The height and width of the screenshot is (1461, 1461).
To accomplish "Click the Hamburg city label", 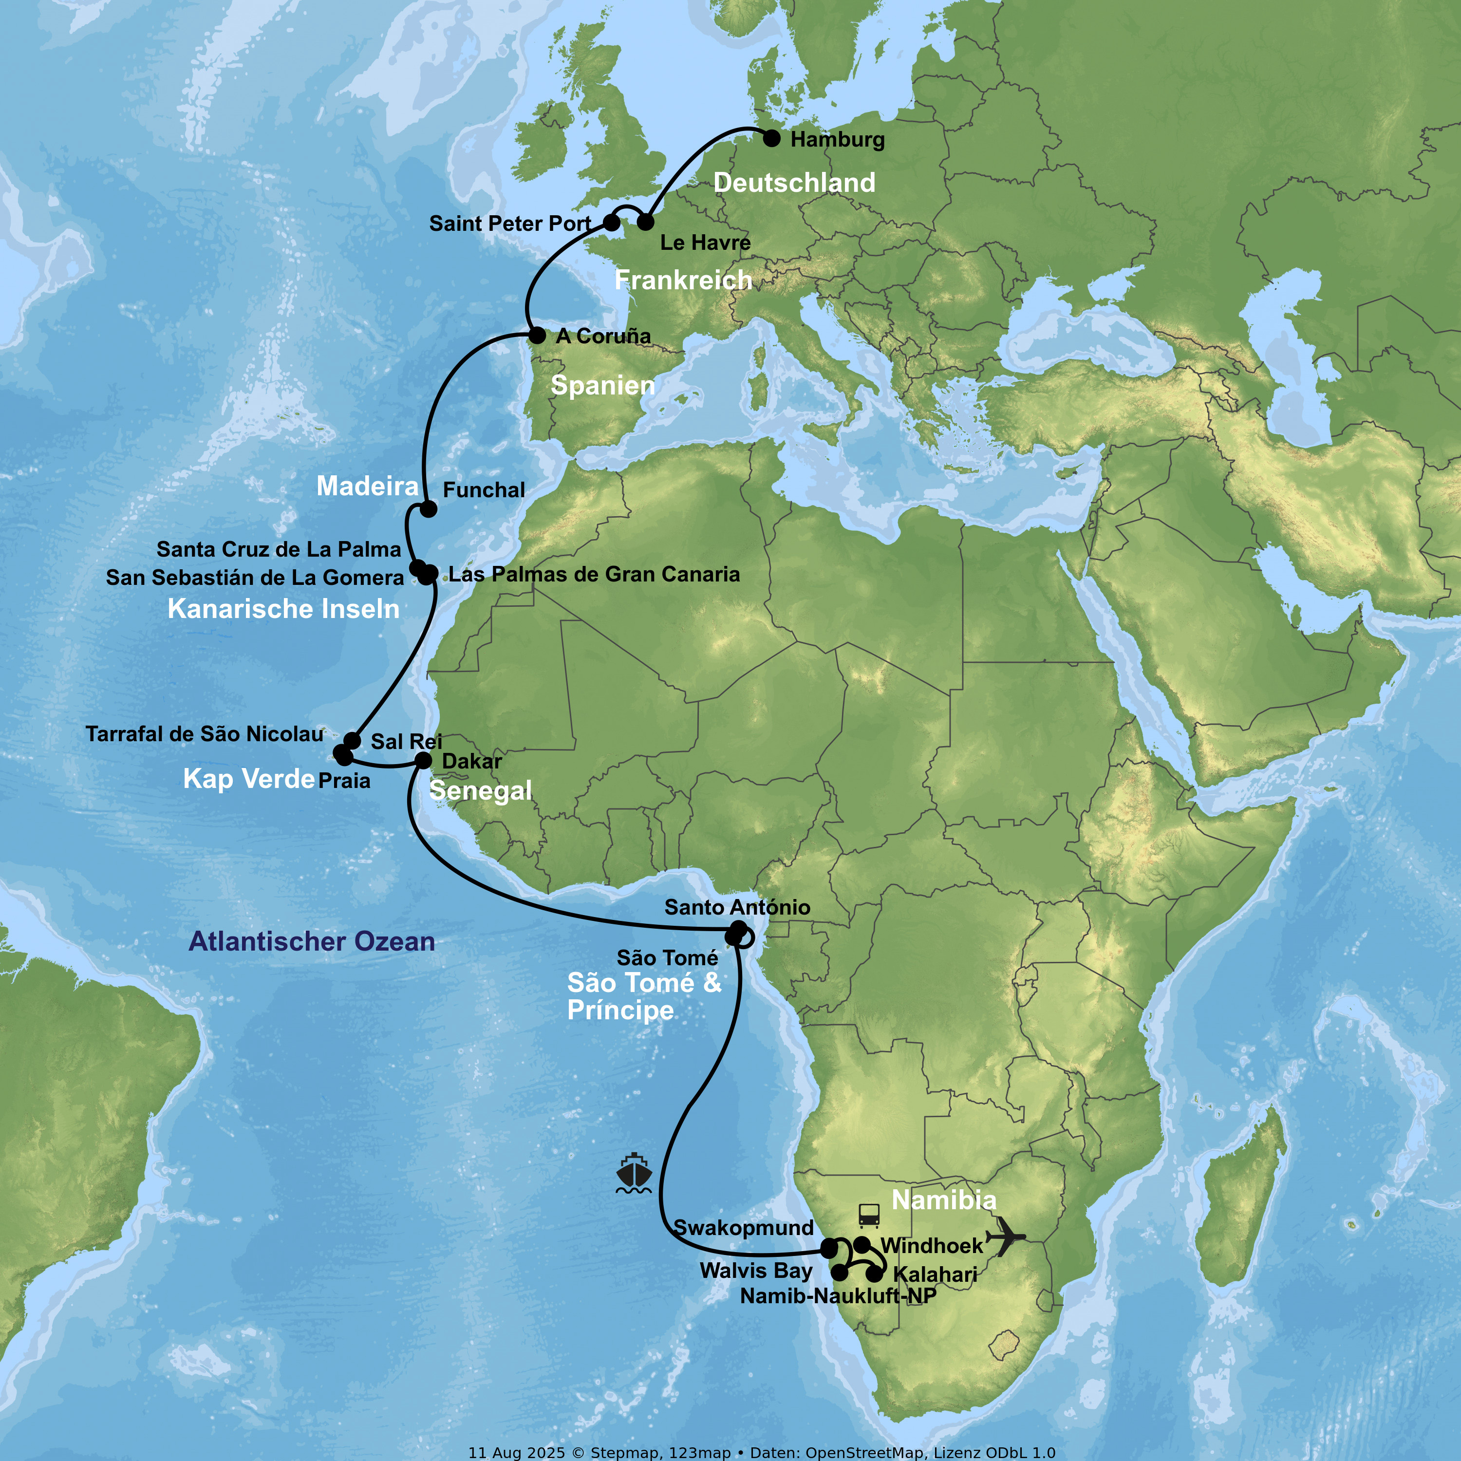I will [837, 140].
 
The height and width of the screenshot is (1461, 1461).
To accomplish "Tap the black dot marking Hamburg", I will [771, 138].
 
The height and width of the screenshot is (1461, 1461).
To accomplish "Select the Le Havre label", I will [705, 243].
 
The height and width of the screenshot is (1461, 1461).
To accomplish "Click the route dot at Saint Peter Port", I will [612, 223].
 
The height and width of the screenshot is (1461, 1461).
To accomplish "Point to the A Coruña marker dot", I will [537, 335].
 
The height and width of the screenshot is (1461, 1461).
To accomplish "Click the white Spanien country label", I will [603, 386].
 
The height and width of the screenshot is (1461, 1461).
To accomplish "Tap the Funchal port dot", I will [428, 509].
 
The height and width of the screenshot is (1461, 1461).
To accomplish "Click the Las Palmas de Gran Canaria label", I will [594, 575].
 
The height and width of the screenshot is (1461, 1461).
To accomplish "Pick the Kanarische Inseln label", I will [283, 609].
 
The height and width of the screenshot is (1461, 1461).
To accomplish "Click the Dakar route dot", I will [424, 760].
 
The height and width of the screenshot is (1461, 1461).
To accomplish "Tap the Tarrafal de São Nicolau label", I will [204, 734].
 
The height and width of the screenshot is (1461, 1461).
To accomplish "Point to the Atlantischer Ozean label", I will [312, 941].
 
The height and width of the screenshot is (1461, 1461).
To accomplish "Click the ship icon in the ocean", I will [634, 1174].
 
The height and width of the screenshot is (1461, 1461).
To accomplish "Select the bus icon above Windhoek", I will [869, 1216].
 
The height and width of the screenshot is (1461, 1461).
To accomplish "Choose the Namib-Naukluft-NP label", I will [838, 1296].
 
